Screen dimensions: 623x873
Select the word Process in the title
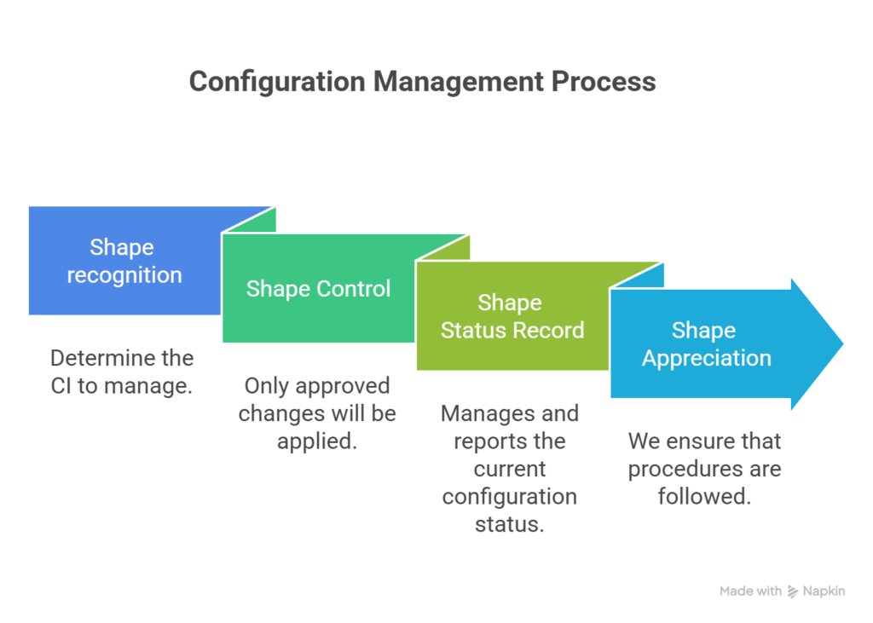(x=603, y=82)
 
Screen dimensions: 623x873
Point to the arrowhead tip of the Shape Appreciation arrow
(x=843, y=344)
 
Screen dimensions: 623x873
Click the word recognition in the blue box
(x=124, y=275)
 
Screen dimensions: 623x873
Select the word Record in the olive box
(x=549, y=330)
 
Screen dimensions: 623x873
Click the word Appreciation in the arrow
(x=706, y=358)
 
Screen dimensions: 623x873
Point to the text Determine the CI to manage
(x=122, y=372)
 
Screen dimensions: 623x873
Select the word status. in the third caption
(x=509, y=523)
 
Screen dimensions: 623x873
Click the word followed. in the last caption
(x=704, y=496)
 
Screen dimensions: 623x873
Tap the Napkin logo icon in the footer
(x=793, y=591)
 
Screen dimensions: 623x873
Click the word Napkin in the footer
(x=824, y=591)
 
